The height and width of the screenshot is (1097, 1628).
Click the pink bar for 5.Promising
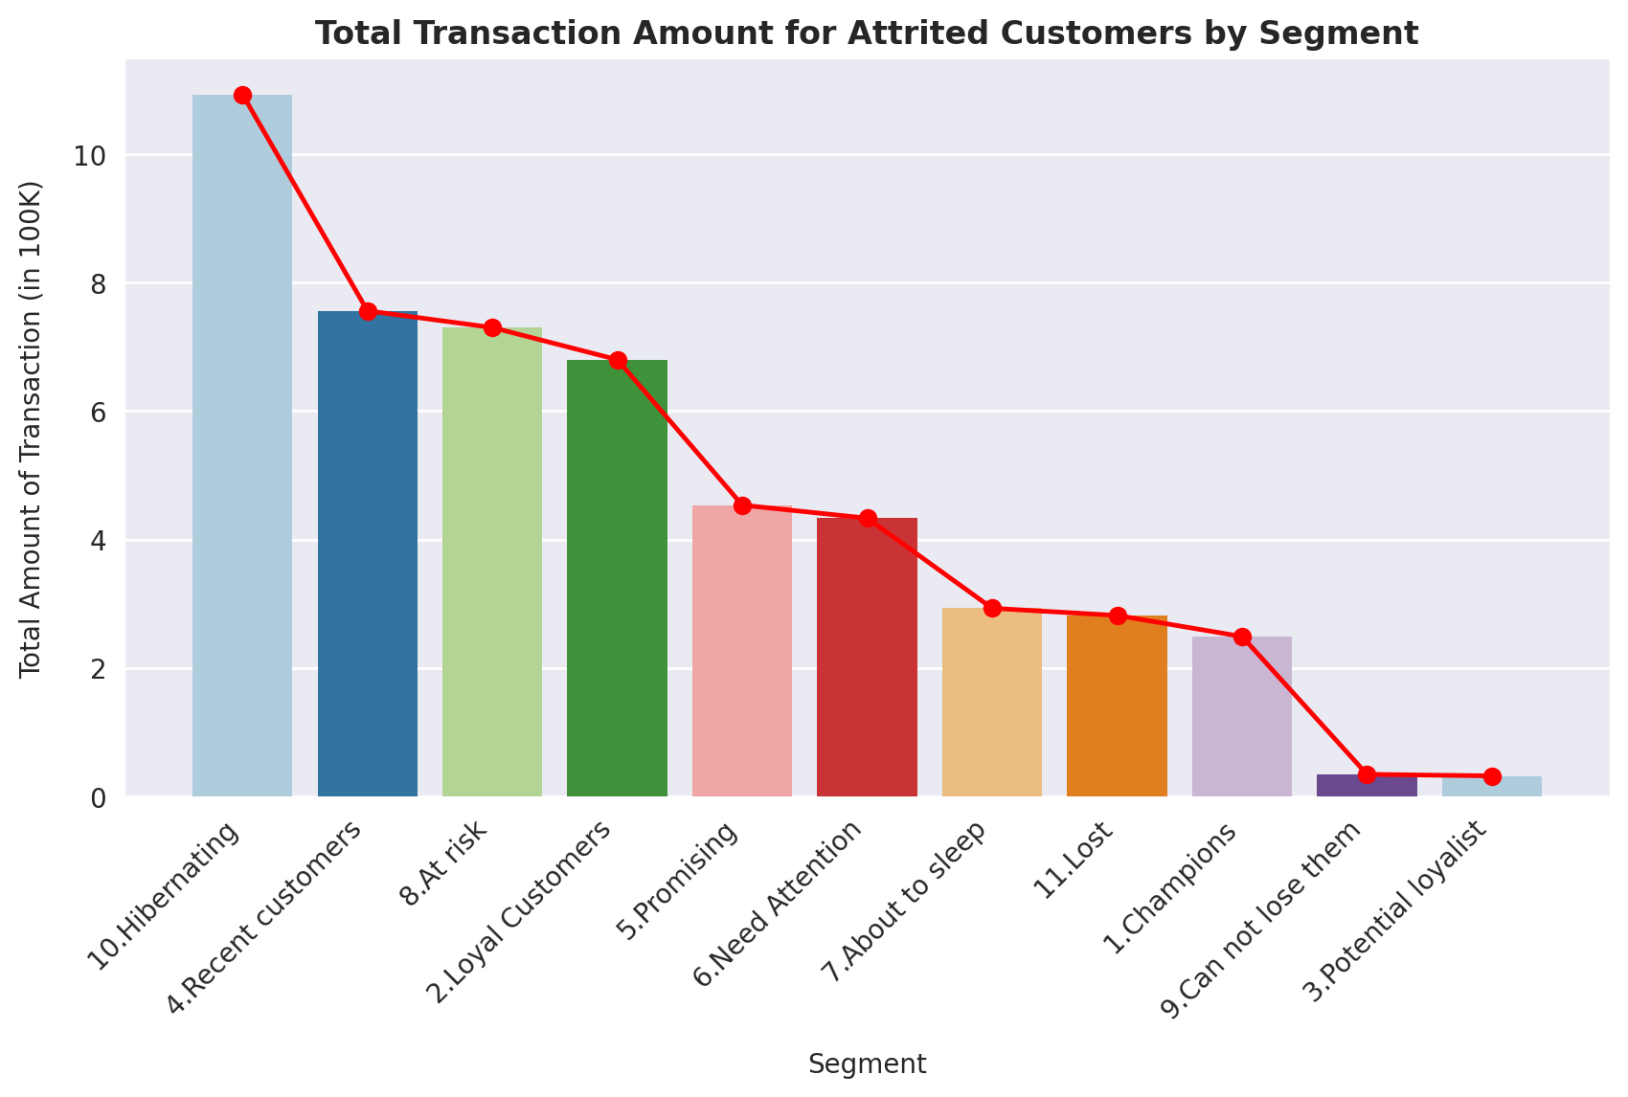click(742, 651)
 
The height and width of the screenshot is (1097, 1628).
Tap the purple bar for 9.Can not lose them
click(1367, 786)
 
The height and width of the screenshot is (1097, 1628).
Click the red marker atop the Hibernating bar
click(242, 95)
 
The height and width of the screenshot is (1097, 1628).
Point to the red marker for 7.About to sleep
click(992, 608)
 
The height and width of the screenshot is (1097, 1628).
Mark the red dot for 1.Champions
click(1242, 637)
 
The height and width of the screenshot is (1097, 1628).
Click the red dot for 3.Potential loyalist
click(1492, 776)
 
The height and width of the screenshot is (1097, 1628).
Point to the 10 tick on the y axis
click(88, 156)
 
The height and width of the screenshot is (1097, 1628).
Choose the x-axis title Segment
click(867, 1064)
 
